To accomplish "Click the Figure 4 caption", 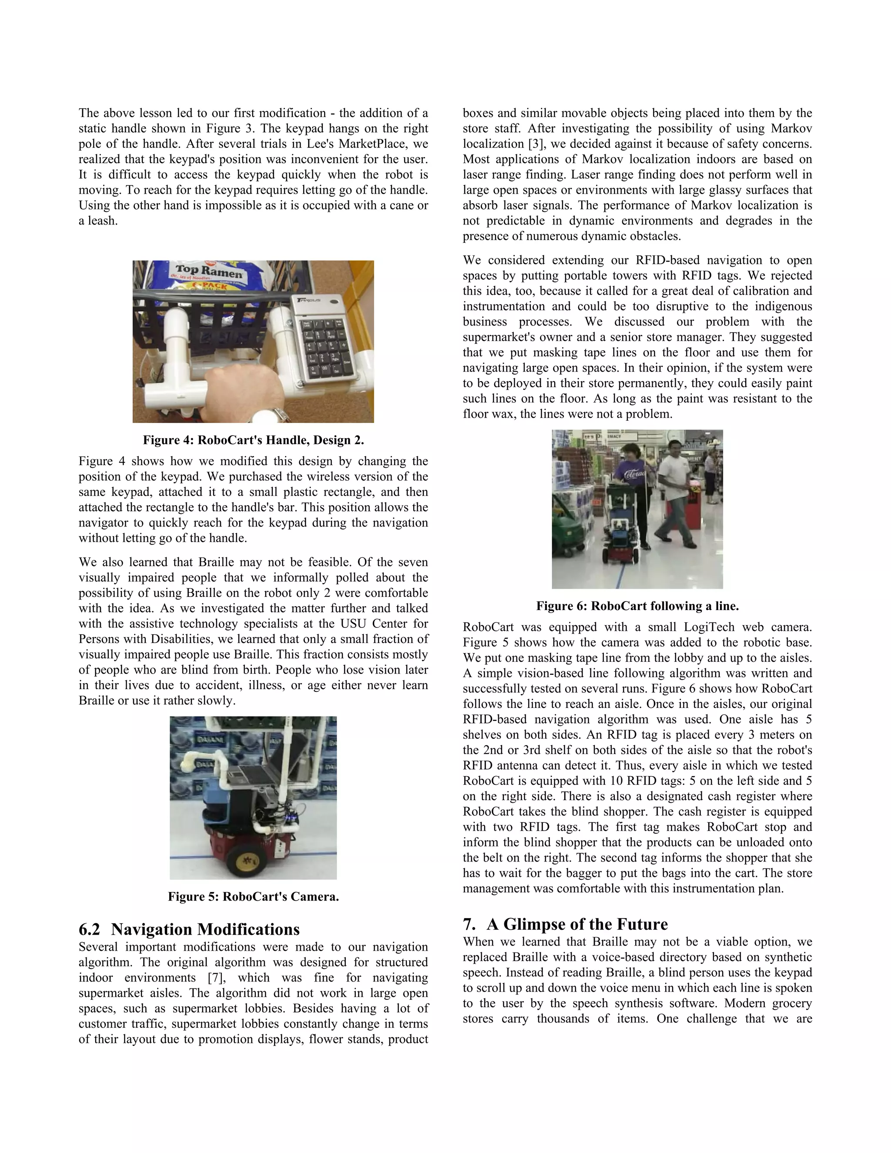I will pos(253,440).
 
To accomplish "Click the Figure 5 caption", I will pos(253,896).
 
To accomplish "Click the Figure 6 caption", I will pos(637,606).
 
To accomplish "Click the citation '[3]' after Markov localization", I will pos(536,144).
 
